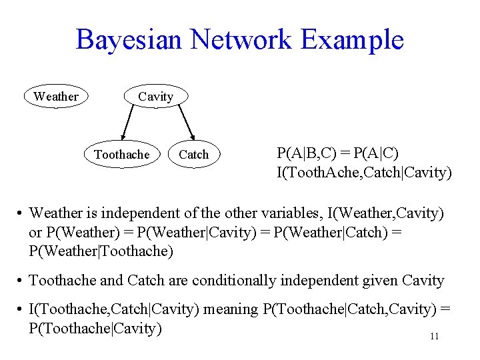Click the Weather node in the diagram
[56, 97]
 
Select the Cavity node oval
[155, 97]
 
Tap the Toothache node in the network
[122, 155]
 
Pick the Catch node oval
[194, 155]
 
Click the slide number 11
[434, 337]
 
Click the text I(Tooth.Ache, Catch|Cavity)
[364, 173]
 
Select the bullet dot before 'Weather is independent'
[21, 214]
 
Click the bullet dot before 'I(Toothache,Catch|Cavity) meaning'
[21, 309]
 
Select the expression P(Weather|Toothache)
[101, 251]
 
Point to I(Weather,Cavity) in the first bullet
[385, 213]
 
